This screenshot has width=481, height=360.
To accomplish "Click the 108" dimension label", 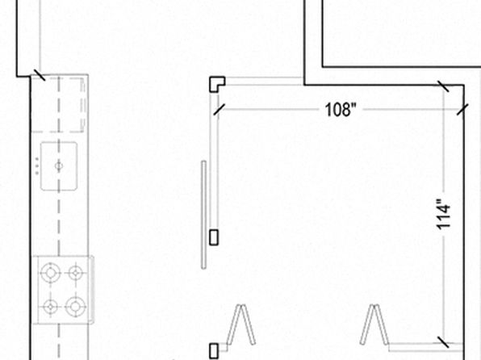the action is (x=341, y=109).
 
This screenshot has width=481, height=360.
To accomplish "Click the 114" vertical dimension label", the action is (x=444, y=214).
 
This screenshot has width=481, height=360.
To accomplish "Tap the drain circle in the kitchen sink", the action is (x=59, y=166).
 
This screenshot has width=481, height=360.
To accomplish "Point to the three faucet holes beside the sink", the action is (x=37, y=166).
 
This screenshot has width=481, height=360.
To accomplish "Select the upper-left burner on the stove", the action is (x=51, y=273).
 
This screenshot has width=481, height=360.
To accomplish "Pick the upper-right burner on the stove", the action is (x=76, y=273).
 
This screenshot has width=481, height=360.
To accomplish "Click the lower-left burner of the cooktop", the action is (x=51, y=306).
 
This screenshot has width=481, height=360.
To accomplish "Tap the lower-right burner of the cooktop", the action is (x=75, y=306).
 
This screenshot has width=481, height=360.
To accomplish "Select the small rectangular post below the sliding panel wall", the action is (x=214, y=237).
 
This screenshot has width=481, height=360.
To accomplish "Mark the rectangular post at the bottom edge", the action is (x=214, y=351).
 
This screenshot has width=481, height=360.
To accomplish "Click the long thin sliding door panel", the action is (x=203, y=215).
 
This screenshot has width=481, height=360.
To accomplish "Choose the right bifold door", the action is (x=374, y=325).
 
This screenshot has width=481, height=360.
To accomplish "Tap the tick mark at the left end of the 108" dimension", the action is (x=219, y=110).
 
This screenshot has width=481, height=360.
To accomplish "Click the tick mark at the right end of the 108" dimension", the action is (x=462, y=110).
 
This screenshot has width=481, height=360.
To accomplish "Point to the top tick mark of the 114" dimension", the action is (x=443, y=86).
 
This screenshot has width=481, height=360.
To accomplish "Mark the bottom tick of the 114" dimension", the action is (x=443, y=342).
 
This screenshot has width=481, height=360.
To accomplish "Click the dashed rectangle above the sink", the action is (x=58, y=105).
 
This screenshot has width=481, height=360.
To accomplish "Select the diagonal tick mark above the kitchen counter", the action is (x=40, y=74).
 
